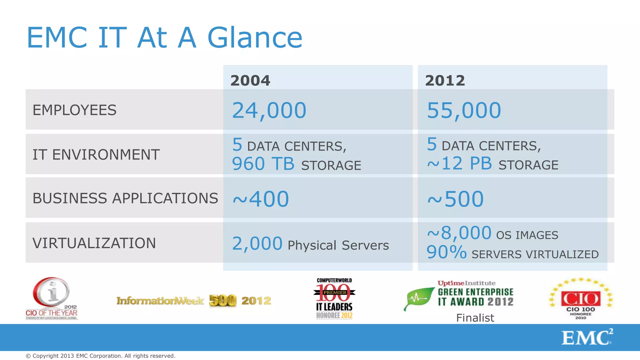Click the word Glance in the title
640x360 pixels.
pyautogui.click(x=255, y=38)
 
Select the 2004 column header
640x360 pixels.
pyautogui.click(x=250, y=81)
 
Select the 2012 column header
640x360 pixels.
pyautogui.click(x=445, y=81)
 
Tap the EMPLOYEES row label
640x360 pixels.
pyautogui.click(x=74, y=110)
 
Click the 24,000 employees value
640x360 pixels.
pyautogui.click(x=269, y=110)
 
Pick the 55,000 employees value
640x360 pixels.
pyautogui.click(x=464, y=110)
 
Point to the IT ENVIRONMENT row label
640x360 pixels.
pyautogui.click(x=96, y=155)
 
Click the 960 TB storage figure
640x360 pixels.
pyautogui.click(x=263, y=164)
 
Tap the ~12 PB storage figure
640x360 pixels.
pyautogui.click(x=459, y=163)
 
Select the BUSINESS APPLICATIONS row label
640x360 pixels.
pyautogui.click(x=125, y=198)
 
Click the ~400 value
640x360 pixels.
pyautogui.click(x=261, y=199)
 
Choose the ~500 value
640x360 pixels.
pyautogui.click(x=455, y=199)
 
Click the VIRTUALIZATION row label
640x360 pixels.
pyautogui.click(x=94, y=243)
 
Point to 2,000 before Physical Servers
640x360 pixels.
pyautogui.click(x=257, y=244)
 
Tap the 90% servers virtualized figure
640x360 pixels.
pyautogui.click(x=446, y=252)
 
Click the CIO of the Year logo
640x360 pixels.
pyautogui.click(x=52, y=298)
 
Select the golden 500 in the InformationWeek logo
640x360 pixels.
pyautogui.click(x=222, y=301)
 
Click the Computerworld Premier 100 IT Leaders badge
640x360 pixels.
pyautogui.click(x=334, y=298)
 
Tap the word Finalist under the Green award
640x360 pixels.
pyautogui.click(x=475, y=318)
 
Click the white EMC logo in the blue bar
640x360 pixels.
pyautogui.click(x=587, y=337)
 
